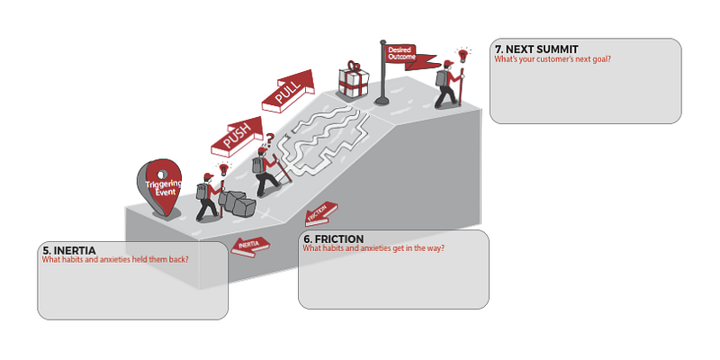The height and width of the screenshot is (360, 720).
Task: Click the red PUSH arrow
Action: pyautogui.click(x=237, y=137)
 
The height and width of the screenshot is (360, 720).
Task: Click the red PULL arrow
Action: pyautogui.click(x=288, y=91)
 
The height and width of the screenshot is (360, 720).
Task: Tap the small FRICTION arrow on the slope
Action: pyautogui.click(x=321, y=214)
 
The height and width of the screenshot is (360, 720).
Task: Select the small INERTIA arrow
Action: pyautogui.click(x=250, y=246)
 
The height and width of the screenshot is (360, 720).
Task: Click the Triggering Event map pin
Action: pyautogui.click(x=160, y=187)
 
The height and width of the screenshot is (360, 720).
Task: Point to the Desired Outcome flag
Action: pyautogui.click(x=411, y=57)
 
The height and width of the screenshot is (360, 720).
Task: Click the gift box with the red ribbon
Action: pyautogui.click(x=353, y=80)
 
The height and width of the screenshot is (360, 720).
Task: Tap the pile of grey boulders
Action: pyautogui.click(x=238, y=203)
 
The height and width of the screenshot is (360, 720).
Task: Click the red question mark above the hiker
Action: pyautogui.click(x=270, y=139)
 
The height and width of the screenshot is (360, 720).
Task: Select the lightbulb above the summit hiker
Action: pyautogui.click(x=463, y=55)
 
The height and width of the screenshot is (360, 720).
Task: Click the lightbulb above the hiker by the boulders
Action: pyautogui.click(x=223, y=169)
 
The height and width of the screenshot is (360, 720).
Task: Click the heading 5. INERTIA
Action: pyautogui.click(x=69, y=251)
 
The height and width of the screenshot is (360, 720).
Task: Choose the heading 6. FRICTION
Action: pyautogui.click(x=334, y=239)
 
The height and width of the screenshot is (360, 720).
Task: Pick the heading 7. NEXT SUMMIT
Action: pyautogui.click(x=536, y=49)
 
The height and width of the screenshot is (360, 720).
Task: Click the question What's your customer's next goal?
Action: pyautogui.click(x=553, y=58)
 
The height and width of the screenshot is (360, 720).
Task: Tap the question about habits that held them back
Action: pyautogui.click(x=115, y=259)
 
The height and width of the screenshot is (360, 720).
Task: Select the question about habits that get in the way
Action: pyautogui.click(x=373, y=248)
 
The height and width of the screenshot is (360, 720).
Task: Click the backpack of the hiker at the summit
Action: pyautogui.click(x=441, y=78)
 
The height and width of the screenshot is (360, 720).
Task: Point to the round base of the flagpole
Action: pyautogui.click(x=382, y=101)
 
